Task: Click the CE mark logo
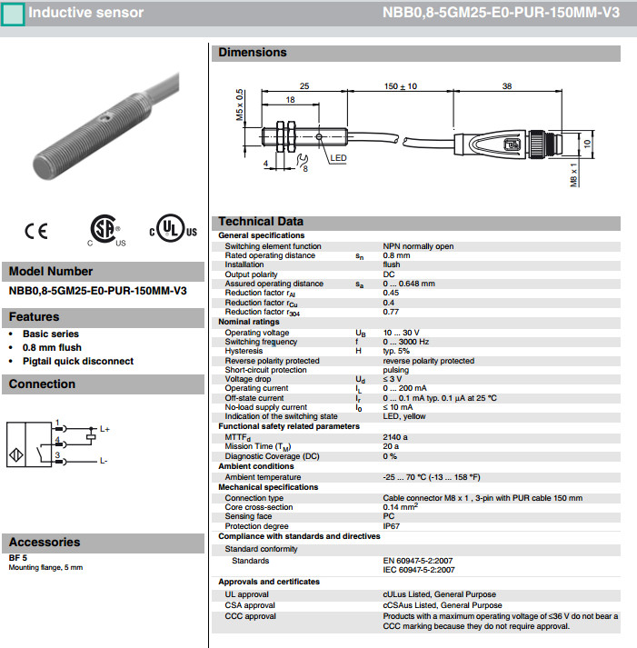tap(36, 232)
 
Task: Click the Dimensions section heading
tap(253, 53)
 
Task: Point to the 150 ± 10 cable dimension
tap(400, 86)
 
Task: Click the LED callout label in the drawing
tap(338, 157)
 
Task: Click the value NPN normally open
tap(418, 246)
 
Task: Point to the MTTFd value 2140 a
tap(395, 436)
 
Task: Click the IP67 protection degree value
tap(392, 525)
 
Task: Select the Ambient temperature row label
tap(263, 477)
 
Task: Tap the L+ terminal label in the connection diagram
tap(105, 429)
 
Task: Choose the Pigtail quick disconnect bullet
tap(78, 361)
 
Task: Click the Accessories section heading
tap(45, 543)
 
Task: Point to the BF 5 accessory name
tap(18, 558)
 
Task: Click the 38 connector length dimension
tap(506, 86)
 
